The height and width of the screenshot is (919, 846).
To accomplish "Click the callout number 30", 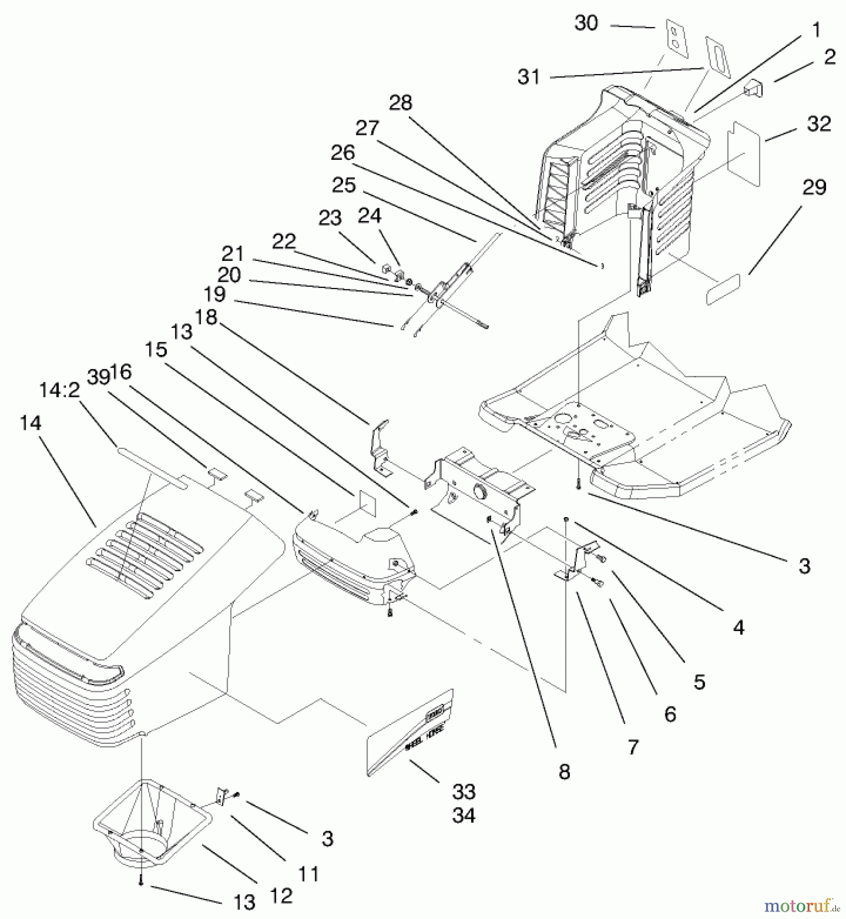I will click(x=586, y=23).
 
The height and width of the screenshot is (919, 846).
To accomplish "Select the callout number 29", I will click(x=814, y=188).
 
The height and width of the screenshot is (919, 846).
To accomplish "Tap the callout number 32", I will click(x=819, y=124).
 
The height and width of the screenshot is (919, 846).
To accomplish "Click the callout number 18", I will click(x=206, y=318).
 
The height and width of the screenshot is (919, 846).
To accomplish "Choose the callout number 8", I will click(x=564, y=772).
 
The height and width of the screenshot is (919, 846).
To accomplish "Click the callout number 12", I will click(x=280, y=896).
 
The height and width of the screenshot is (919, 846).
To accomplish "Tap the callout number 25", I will click(x=343, y=185).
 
